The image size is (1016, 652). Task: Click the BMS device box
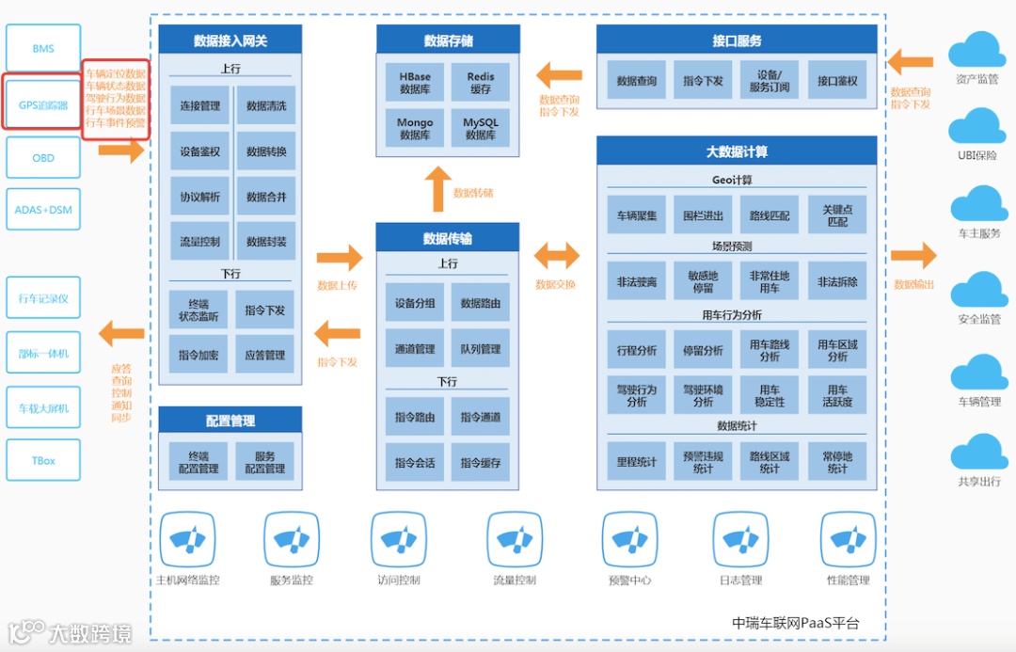coord(43,49)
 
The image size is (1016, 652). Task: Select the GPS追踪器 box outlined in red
coord(43,105)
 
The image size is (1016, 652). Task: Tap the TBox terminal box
coord(43,461)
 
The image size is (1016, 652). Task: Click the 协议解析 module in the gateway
coord(200,198)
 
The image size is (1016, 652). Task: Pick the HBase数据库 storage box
coord(415,83)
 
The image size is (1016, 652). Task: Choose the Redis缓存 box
coord(481,83)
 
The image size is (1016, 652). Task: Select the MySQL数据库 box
coord(481,129)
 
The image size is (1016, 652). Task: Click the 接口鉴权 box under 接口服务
coord(837,82)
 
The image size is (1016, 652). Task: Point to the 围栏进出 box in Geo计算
coord(703,216)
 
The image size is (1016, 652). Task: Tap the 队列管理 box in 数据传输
coord(481,349)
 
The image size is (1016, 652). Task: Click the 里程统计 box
coord(637,463)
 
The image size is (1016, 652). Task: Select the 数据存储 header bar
coord(448,40)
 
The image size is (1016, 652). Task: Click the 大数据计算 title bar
coord(737,151)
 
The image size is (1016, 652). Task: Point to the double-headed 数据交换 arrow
coord(557,255)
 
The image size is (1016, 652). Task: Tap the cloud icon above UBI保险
coord(976,126)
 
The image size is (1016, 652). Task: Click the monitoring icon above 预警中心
coord(629,540)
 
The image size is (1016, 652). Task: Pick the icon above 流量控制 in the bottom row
coord(515,540)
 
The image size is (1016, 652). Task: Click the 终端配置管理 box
coord(198,462)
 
